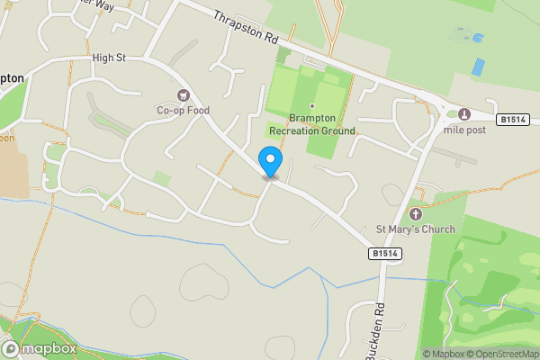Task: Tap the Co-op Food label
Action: (183, 111)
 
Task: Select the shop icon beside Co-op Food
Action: (184, 95)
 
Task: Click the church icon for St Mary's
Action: (416, 213)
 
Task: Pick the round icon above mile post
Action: (464, 113)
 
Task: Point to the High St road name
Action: (108, 58)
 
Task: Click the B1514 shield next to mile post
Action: (511, 119)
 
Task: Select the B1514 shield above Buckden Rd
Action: (383, 255)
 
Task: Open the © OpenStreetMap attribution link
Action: (499, 354)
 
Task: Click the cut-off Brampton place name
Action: (12, 79)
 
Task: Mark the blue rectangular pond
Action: (478, 67)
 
